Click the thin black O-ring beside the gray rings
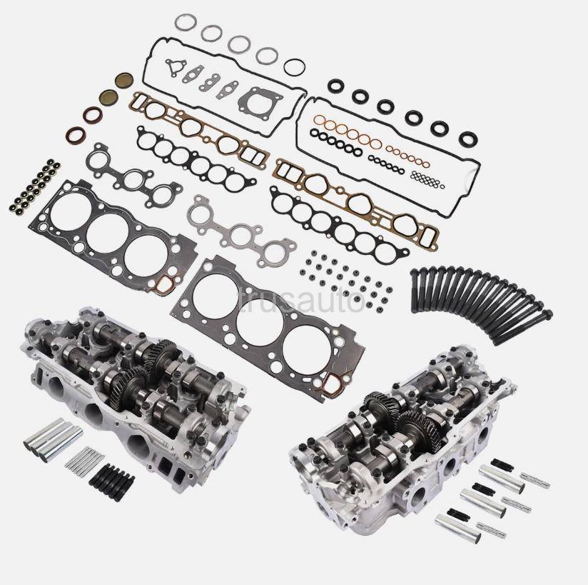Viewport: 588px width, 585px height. pos(295,67)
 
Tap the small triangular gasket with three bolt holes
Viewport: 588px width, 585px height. pos(173,68)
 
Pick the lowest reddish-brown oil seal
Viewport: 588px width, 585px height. pos(77,134)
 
